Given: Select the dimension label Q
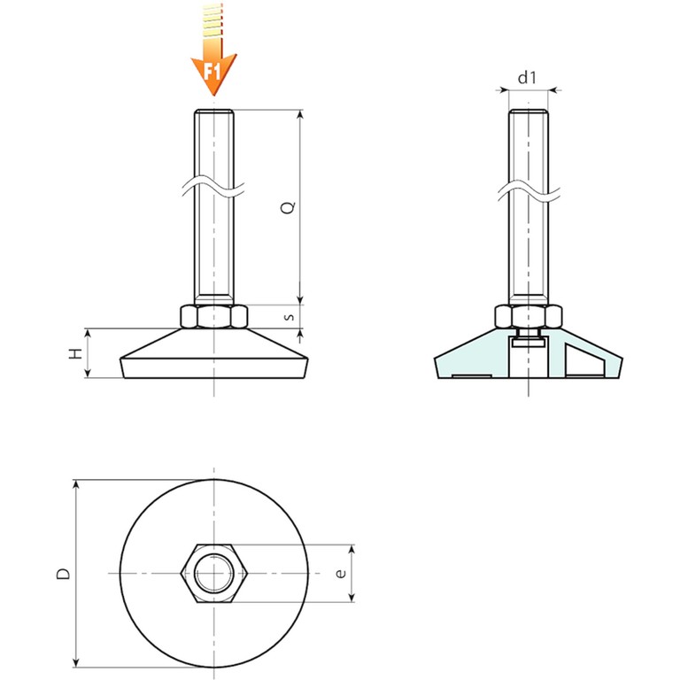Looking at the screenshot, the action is click(289, 207).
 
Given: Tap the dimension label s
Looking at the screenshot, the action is click(290, 317).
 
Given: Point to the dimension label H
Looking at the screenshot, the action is click(75, 353).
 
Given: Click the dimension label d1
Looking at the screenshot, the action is click(528, 78).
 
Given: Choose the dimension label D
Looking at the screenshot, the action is click(64, 574).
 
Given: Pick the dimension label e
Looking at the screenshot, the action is click(341, 574).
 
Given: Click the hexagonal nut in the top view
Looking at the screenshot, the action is click(213, 574).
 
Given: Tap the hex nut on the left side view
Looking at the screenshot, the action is click(213, 317).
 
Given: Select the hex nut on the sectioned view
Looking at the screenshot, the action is click(529, 317).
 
